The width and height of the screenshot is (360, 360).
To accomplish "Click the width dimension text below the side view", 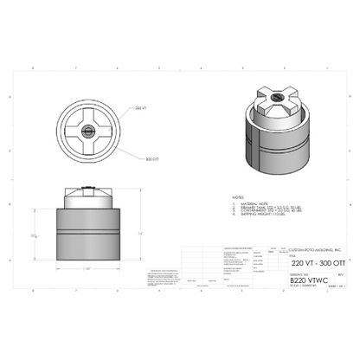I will pos(89,269).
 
